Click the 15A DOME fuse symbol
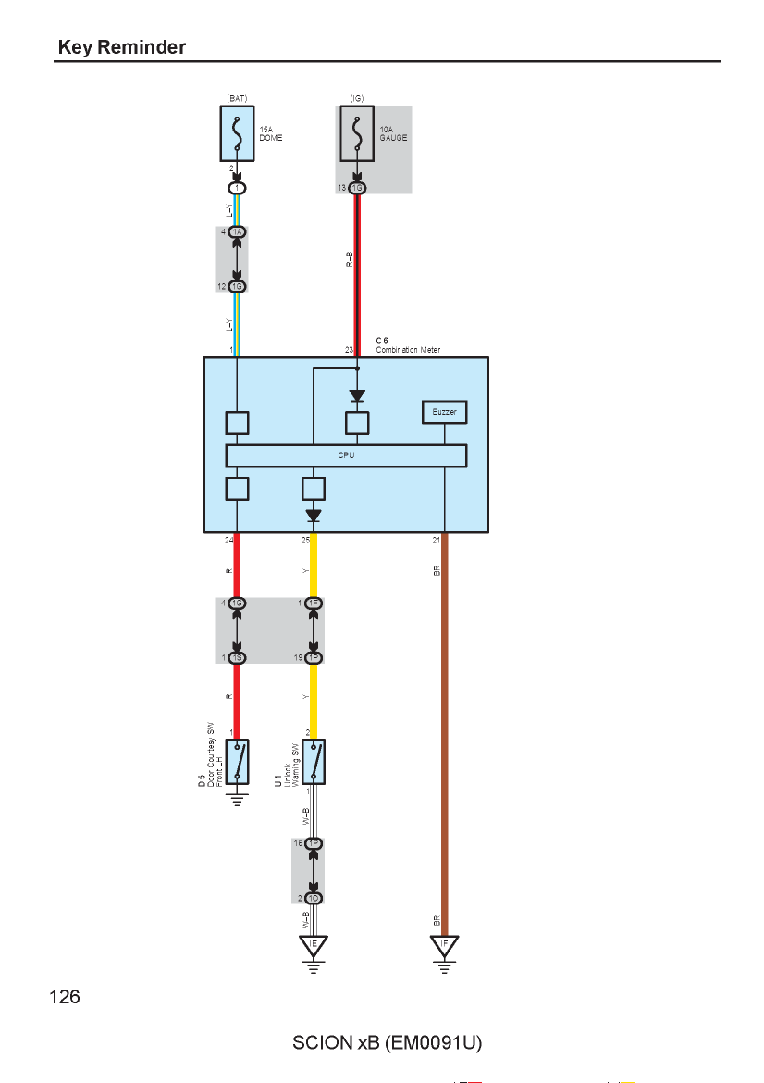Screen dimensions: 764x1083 click(237, 133)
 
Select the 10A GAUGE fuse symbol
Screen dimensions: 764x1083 click(357, 133)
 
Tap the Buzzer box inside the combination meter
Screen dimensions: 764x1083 click(445, 412)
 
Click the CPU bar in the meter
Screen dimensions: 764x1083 click(346, 455)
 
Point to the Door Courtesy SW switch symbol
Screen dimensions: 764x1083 click(237, 762)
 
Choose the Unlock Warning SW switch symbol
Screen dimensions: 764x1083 click(314, 762)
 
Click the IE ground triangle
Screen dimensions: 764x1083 click(314, 946)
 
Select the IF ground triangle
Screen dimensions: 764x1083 click(445, 946)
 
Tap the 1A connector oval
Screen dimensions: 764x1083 click(238, 232)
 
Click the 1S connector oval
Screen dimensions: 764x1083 click(238, 657)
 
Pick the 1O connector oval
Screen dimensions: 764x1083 click(314, 898)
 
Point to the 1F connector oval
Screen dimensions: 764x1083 click(314, 603)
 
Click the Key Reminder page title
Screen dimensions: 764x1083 click(122, 47)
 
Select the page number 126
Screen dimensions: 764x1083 click(65, 997)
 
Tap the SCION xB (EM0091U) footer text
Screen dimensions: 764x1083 click(388, 1043)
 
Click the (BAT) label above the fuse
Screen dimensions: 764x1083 click(237, 99)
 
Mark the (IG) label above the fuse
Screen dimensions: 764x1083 click(357, 99)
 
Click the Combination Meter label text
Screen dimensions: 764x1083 click(408, 350)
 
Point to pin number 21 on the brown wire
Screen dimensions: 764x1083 click(437, 541)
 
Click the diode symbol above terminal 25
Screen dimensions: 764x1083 click(314, 516)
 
